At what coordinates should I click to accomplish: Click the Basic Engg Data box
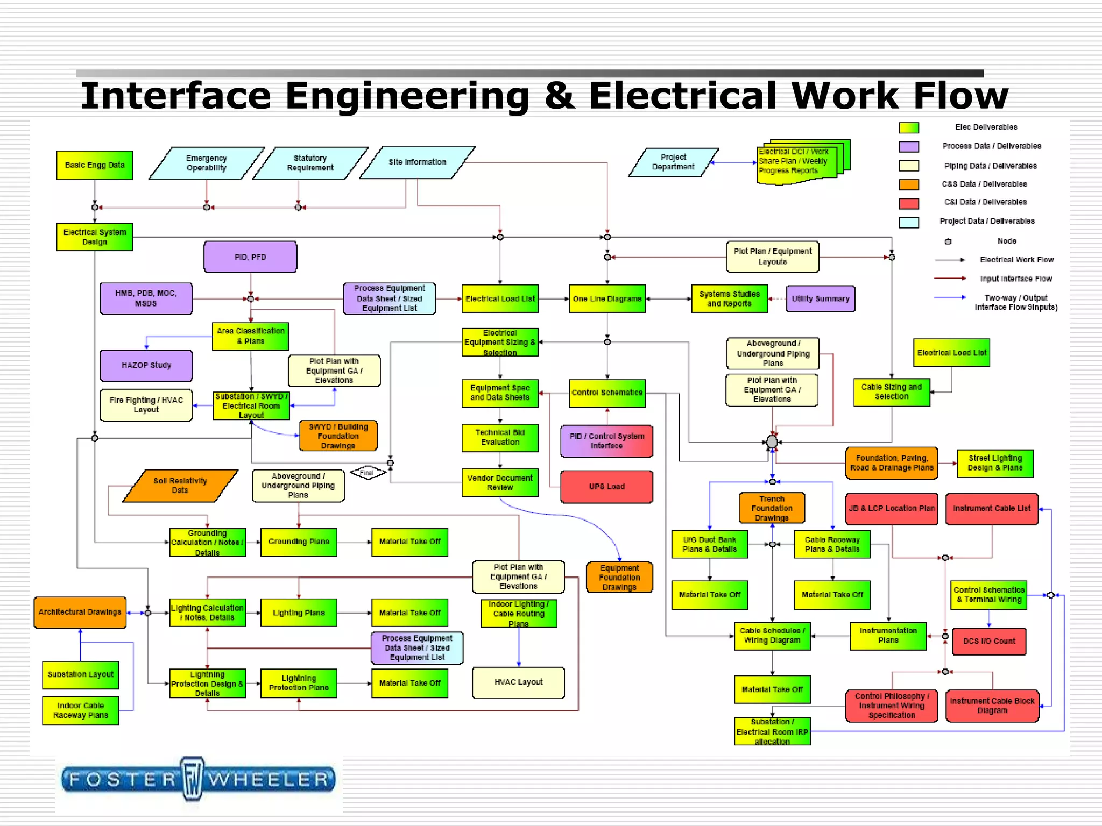[95, 165]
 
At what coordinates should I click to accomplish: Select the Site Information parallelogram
[418, 162]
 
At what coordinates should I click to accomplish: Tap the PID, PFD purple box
[250, 257]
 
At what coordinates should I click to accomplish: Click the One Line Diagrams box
[607, 298]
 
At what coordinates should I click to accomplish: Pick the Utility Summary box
[820, 298]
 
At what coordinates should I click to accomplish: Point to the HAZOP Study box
[146, 365]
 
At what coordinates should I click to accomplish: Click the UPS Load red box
[606, 487]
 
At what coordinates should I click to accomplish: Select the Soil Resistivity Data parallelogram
[180, 486]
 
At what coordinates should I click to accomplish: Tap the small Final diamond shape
[368, 473]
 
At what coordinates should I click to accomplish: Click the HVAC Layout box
[518, 682]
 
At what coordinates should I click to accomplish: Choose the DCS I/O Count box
[989, 641]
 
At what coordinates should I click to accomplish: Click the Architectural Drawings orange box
[80, 612]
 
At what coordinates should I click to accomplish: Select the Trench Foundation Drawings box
[772, 508]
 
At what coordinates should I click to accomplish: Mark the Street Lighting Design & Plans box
[995, 463]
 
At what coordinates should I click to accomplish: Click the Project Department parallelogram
[673, 162]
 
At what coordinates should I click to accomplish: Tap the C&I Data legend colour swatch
[909, 203]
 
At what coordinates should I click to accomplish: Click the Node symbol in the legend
[948, 241]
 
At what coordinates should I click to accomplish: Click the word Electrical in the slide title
[684, 96]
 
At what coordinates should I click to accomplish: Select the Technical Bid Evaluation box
[500, 437]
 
